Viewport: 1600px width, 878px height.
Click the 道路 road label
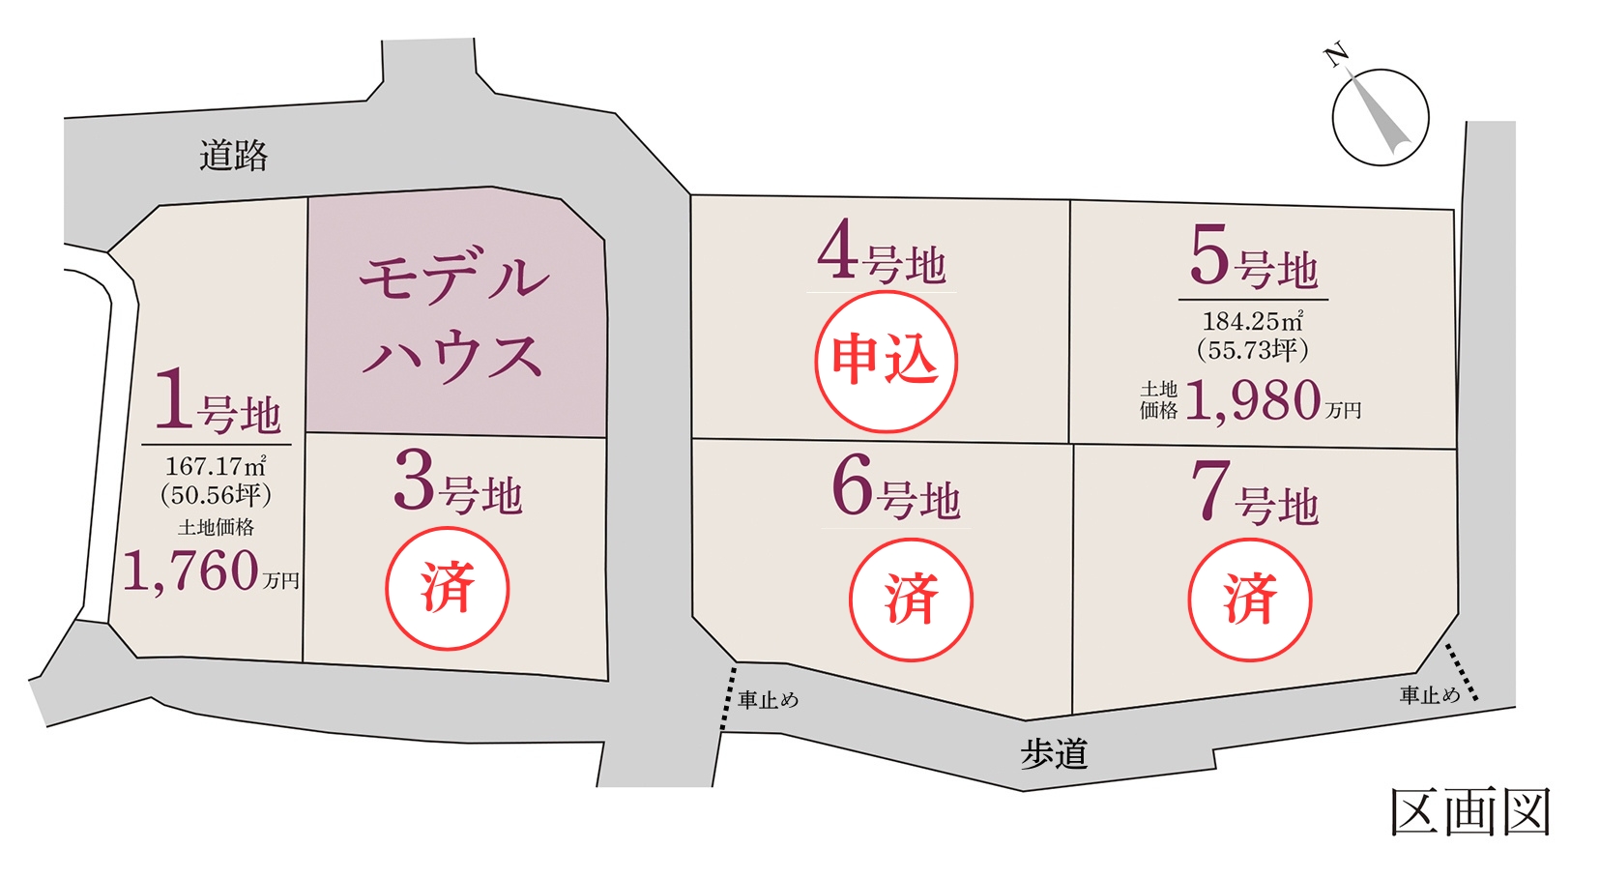coord(233,155)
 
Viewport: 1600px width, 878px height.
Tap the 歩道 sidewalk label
coord(1054,754)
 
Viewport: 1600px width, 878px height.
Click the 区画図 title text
coord(1470,811)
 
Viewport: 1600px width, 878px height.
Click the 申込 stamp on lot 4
coord(886,361)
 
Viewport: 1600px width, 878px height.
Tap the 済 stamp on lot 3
coord(447,588)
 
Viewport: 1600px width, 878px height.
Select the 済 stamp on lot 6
coord(911,600)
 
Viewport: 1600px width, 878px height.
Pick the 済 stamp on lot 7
coord(1249,600)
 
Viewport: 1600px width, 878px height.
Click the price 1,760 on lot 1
coord(191,571)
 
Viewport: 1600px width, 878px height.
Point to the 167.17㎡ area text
coord(216,467)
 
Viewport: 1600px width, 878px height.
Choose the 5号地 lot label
coord(1253,259)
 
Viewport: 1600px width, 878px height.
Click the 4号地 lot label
coord(881,254)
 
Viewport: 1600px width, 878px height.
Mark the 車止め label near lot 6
coord(769,700)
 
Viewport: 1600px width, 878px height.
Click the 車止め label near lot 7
coord(1430,695)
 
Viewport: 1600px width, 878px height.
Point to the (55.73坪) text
coord(1253,350)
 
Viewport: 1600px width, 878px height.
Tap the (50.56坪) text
coord(216,496)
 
